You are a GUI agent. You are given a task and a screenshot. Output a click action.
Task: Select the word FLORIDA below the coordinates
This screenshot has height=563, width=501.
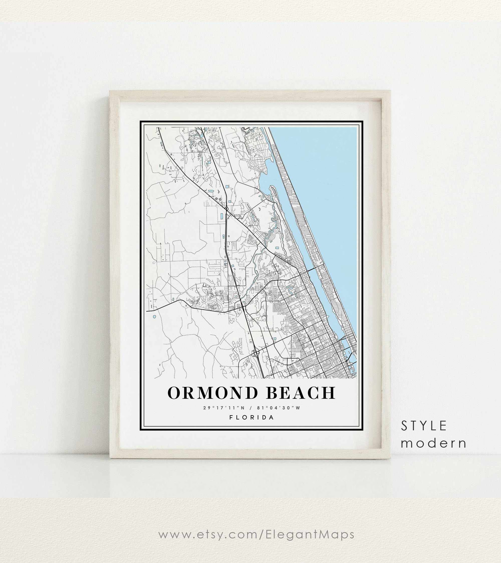coord(252,417)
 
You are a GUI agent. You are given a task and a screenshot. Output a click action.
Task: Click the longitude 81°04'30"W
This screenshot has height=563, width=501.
coord(279,408)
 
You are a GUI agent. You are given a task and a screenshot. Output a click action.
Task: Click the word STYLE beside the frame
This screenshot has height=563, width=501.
coord(424,426)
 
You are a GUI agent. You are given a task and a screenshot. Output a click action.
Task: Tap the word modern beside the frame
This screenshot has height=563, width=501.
coord(434,443)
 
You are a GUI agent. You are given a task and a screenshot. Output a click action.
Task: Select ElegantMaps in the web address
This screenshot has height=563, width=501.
coord(310,534)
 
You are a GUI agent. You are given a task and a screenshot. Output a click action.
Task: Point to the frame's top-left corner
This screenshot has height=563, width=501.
coord(110,91)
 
